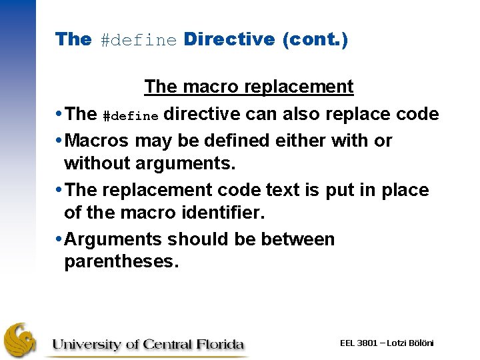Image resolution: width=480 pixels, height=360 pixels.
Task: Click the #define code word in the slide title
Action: click(x=139, y=40)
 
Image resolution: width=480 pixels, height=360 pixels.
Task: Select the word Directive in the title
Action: click(x=229, y=39)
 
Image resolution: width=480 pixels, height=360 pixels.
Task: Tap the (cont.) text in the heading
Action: click(x=315, y=39)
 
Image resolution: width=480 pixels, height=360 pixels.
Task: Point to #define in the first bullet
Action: click(x=131, y=116)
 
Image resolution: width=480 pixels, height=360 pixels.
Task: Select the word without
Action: click(x=99, y=163)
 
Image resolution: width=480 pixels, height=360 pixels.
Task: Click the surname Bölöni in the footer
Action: click(x=420, y=343)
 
